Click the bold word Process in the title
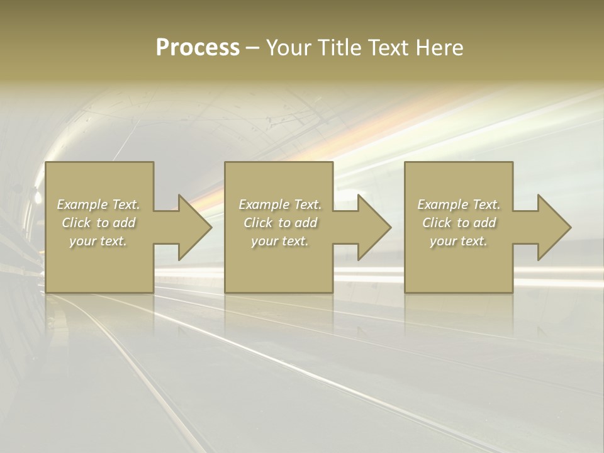coord(198,48)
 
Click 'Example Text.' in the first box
coord(98,204)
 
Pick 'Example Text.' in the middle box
coord(279,204)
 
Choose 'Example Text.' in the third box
coord(459,204)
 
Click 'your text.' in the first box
coord(98,241)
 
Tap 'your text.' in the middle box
coord(279,241)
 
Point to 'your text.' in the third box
coord(459,241)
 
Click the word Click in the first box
coord(76,223)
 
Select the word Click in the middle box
coord(258,223)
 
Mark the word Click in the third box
coord(437,223)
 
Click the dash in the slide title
coord(252,48)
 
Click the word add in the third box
coord(484,223)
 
